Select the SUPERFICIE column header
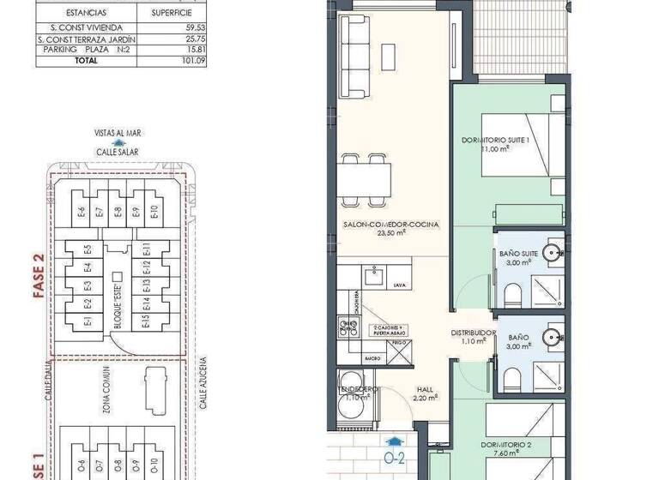click(x=172, y=14)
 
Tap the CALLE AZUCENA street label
click(x=203, y=384)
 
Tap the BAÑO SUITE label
click(x=518, y=253)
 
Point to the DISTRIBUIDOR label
click(x=475, y=333)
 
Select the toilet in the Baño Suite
click(x=513, y=295)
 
